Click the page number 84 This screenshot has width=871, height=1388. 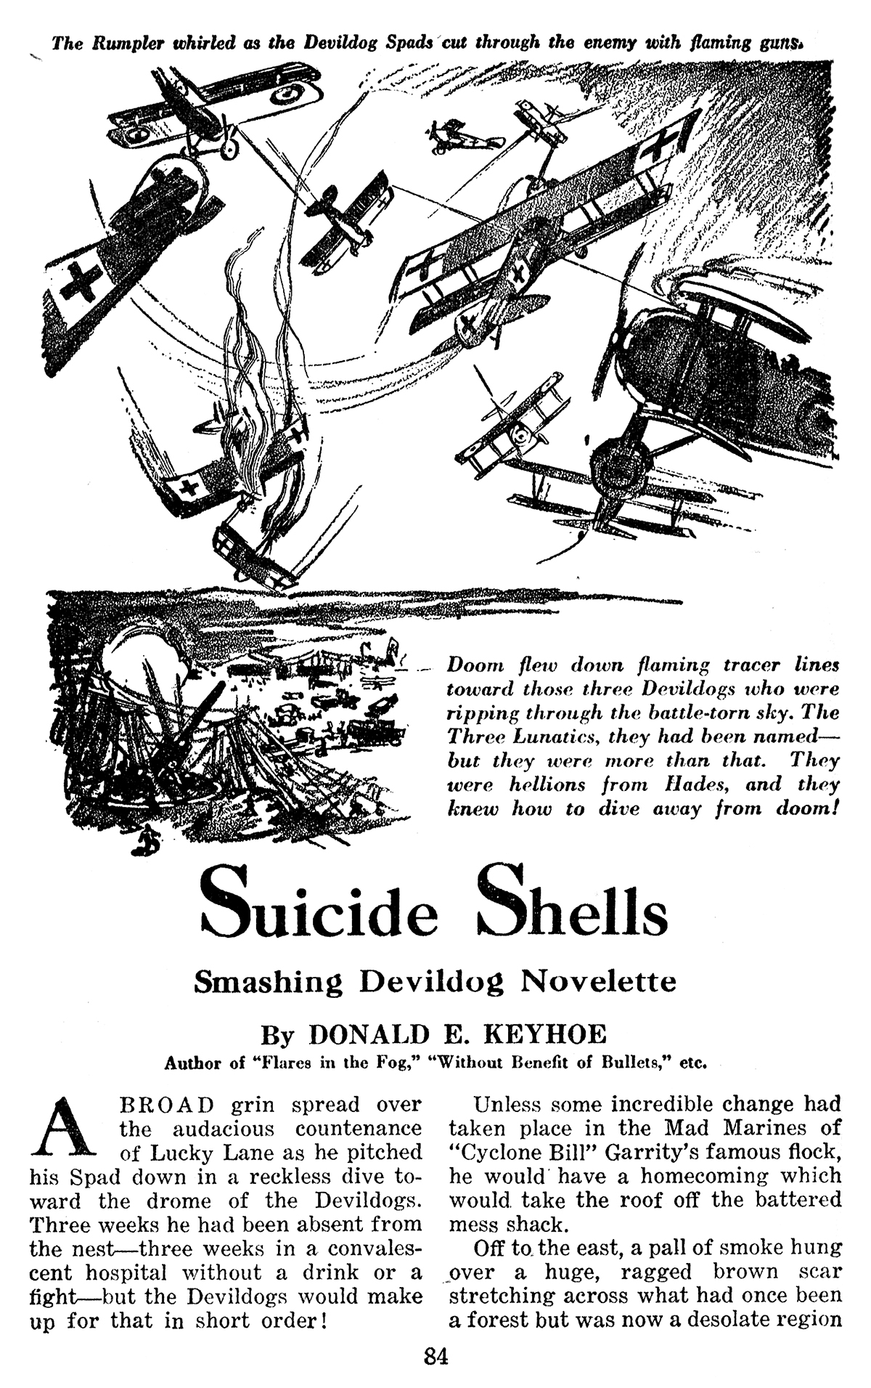pyautogui.click(x=436, y=1356)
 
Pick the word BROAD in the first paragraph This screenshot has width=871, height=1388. pyautogui.click(x=165, y=1105)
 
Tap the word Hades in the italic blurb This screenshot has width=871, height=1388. pyautogui.click(x=699, y=784)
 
